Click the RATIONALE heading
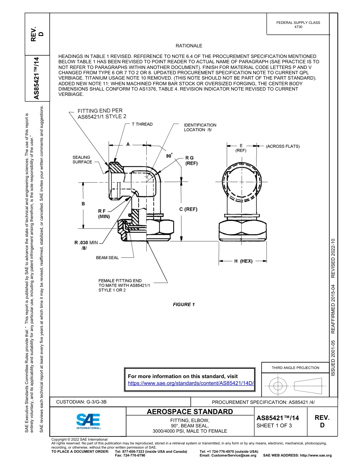click(189, 46)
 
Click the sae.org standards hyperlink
click(191, 383)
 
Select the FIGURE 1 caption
click(184, 305)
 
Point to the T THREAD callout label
click(142, 124)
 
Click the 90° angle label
click(169, 156)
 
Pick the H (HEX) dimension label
click(243, 261)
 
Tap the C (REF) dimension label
click(188, 209)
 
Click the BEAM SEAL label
click(107, 258)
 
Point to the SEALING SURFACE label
click(82, 160)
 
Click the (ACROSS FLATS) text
click(282, 146)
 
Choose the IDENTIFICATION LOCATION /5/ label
click(200, 127)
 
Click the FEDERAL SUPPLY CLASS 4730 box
click(298, 25)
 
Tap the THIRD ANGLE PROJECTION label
click(295, 367)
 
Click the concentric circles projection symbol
click(278, 386)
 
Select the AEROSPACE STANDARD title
click(190, 412)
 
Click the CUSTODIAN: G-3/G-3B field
click(84, 402)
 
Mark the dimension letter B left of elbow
click(83, 204)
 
